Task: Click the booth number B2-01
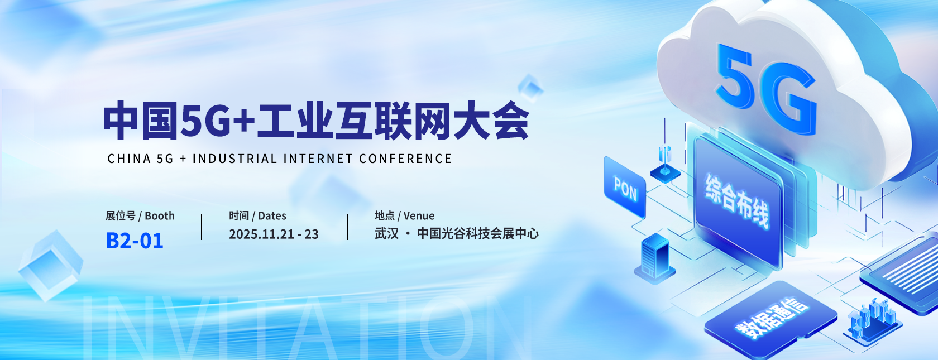[135, 241]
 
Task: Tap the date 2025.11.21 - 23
[274, 234]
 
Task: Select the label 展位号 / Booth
[140, 216]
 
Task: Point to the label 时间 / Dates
[257, 216]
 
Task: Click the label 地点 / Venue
[404, 216]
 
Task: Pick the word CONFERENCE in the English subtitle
[405, 159]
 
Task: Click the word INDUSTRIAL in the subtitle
[234, 159]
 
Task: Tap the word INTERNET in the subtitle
[318, 159]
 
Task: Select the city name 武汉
[386, 233]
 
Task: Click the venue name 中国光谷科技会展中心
[478, 233]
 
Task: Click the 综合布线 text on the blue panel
[737, 201]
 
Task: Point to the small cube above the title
[530, 88]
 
